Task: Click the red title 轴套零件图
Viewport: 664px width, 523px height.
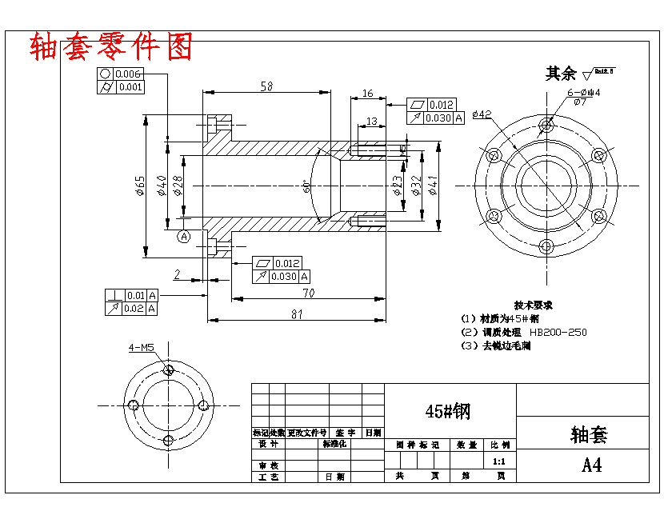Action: [111, 46]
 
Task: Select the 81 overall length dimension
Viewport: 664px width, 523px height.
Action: [297, 314]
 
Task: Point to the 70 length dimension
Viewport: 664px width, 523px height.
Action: [307, 293]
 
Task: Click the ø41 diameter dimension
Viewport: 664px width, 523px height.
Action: [433, 186]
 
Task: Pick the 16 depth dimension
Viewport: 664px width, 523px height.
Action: [367, 94]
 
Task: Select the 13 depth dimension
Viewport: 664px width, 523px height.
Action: [371, 121]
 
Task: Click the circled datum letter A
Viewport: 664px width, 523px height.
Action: [184, 236]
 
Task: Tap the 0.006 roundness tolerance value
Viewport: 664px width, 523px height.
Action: [129, 74]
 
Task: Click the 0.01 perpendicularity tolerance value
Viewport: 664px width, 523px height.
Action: [135, 294]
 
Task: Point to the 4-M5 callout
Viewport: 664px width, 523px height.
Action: [142, 348]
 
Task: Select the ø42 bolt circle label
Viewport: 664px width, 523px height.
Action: [482, 114]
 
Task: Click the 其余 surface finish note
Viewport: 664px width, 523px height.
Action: [560, 74]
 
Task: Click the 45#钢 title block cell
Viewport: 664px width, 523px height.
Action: [449, 411]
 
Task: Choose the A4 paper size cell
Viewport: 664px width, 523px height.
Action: [592, 465]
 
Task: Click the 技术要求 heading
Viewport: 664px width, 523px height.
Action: [533, 305]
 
